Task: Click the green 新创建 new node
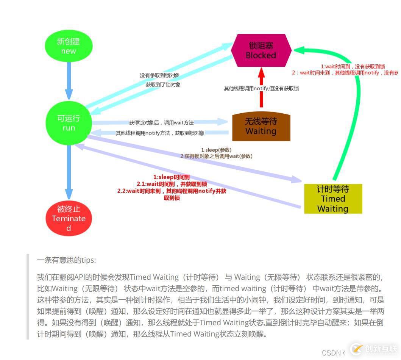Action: pyautogui.click(x=69, y=46)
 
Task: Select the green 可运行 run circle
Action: pyautogui.click(x=69, y=123)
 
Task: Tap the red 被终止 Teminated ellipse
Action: pyautogui.click(x=69, y=218)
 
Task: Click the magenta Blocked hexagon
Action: pyautogui.click(x=261, y=50)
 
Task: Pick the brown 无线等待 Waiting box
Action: pyautogui.click(x=261, y=127)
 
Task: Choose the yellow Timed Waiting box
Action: pyautogui.click(x=333, y=199)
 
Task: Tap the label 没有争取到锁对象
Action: pyautogui.click(x=160, y=75)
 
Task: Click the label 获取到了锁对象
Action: pyautogui.click(x=163, y=85)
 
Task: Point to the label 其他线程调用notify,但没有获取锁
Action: pyautogui.click(x=261, y=88)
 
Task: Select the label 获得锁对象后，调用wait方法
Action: pyautogui.click(x=161, y=123)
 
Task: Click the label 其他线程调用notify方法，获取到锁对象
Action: pyautogui.click(x=160, y=133)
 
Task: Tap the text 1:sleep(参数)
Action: pyautogui.click(x=216, y=150)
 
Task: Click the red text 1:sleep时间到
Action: pyautogui.click(x=172, y=177)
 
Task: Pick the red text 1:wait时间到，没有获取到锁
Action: pyautogui.click(x=353, y=66)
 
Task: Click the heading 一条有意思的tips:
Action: pyautogui.click(x=67, y=260)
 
